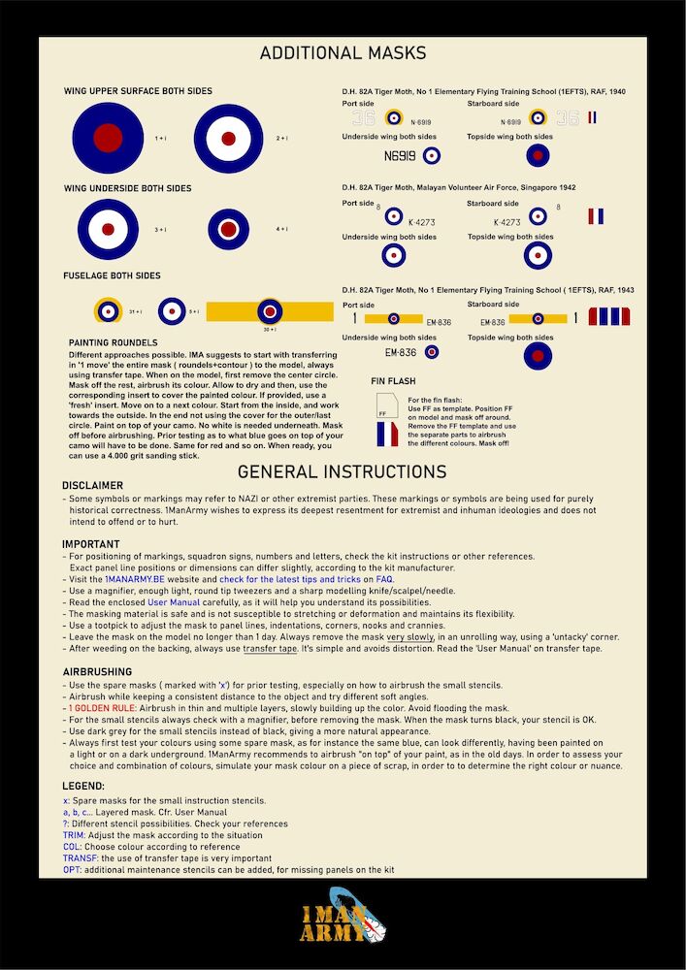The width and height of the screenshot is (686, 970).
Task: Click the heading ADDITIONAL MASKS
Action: click(x=343, y=53)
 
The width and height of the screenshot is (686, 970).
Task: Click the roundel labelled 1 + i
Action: click(x=108, y=138)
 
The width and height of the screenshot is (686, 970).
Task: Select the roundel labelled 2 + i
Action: click(x=228, y=138)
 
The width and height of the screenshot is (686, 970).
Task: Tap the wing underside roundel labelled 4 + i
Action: click(x=229, y=230)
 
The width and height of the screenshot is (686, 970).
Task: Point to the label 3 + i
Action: click(x=160, y=230)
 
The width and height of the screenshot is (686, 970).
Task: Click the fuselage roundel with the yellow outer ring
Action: click(x=107, y=311)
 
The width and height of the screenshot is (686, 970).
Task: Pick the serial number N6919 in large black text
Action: click(x=399, y=155)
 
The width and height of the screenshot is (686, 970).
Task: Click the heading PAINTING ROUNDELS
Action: click(x=114, y=342)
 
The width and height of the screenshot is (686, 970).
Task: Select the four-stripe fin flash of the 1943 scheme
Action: click(x=610, y=316)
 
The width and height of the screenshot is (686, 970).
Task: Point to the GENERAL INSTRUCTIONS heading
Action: click(x=342, y=472)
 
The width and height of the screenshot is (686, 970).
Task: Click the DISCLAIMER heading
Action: click(x=93, y=485)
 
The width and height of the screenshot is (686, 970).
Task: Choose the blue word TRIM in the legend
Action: click(x=75, y=834)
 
